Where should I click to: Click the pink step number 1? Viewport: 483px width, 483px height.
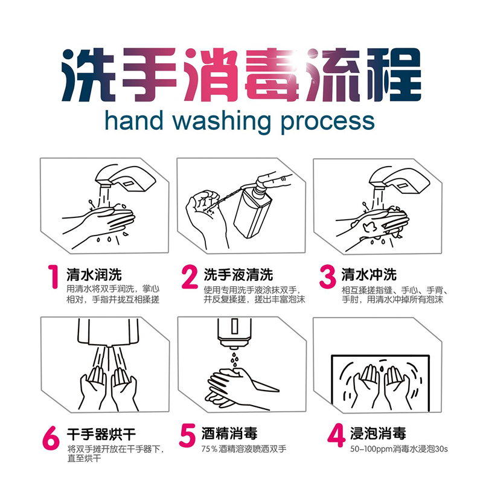pyautogui.click(x=54, y=277)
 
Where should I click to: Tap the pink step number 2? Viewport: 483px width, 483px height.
pyautogui.click(x=190, y=277)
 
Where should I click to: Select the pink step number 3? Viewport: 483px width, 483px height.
pyautogui.click(x=328, y=277)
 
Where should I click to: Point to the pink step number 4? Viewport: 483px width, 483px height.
pyautogui.click(x=336, y=435)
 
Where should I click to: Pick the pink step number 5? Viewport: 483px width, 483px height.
pyautogui.click(x=187, y=435)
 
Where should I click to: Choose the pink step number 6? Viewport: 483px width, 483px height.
pyautogui.click(x=51, y=438)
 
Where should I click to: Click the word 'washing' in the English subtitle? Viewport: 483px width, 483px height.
pyautogui.click(x=222, y=122)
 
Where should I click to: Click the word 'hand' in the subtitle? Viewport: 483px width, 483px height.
pyautogui.click(x=134, y=120)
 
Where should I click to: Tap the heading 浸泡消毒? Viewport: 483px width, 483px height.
pyautogui.click(x=378, y=433)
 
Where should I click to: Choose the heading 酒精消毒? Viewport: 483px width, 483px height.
pyautogui.click(x=229, y=433)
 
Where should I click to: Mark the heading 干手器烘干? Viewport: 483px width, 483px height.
pyautogui.click(x=101, y=434)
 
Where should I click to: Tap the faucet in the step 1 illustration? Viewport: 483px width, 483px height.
pyautogui.click(x=126, y=178)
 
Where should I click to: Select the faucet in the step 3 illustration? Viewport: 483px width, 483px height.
pyautogui.click(x=399, y=180)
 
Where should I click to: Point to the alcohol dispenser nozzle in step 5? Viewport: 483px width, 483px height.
pyautogui.click(x=235, y=344)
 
